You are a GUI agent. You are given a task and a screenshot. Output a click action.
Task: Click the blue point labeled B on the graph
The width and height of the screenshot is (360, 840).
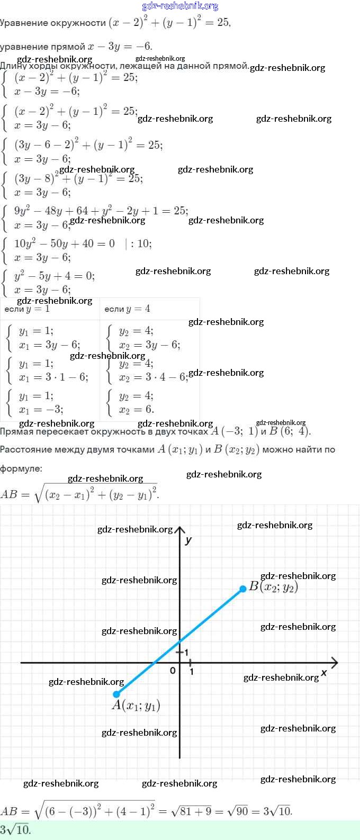(x=243, y=589)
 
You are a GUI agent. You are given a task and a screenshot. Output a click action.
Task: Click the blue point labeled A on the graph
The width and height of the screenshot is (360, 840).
(x=116, y=694)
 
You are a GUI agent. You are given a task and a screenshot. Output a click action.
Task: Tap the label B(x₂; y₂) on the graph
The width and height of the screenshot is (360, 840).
(x=274, y=586)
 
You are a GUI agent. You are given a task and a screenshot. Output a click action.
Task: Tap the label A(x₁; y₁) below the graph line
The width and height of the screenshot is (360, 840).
(x=136, y=706)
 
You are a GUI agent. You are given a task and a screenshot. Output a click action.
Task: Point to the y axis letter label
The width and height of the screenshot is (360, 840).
(x=188, y=540)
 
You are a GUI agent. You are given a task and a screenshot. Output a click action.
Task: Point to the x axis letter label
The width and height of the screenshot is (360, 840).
(x=324, y=673)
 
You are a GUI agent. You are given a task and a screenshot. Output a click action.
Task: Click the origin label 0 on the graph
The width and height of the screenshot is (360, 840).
(x=173, y=671)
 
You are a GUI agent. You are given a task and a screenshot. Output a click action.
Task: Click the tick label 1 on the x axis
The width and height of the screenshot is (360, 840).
(x=191, y=672)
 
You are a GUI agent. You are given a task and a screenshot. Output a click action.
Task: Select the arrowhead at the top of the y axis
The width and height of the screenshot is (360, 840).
(x=180, y=530)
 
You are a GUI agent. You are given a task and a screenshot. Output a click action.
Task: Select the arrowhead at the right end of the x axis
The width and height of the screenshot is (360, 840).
(x=334, y=662)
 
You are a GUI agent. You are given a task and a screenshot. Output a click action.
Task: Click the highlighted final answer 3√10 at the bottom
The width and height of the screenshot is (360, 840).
(x=16, y=829)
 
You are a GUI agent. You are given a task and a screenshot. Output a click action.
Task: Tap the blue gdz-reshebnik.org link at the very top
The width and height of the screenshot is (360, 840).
(x=180, y=6)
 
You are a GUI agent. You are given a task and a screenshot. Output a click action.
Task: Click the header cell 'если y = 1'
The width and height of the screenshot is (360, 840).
(x=27, y=309)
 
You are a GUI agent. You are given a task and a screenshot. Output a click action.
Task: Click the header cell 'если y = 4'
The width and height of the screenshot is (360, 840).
(x=127, y=309)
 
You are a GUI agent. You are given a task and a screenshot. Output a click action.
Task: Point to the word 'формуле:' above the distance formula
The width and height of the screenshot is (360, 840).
(x=21, y=468)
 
